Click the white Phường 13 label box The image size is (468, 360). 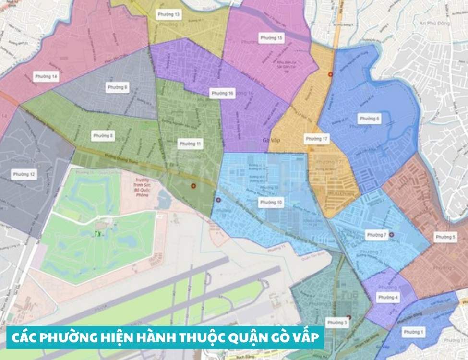click(170, 15)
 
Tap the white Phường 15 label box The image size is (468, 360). click(271, 37)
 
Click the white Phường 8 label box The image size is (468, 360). click(104, 136)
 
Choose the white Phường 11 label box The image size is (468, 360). click(190, 144)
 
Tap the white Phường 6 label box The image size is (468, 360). click(370, 119)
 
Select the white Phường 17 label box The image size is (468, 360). click(317, 139)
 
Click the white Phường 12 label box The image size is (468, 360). click(24, 174)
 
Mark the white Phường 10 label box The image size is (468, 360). click(271, 203)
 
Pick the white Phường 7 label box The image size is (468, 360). click(376, 235)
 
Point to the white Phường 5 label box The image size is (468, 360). click(445, 237)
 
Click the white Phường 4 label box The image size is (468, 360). click(388, 298)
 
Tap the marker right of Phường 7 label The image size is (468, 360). click(392, 235)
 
